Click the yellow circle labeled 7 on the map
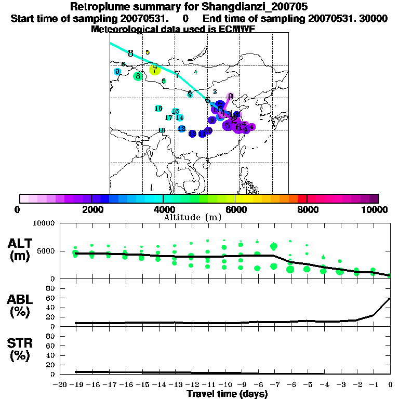(154, 69)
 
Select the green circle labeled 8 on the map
(138, 76)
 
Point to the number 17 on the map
(168, 118)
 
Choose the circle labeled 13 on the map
(181, 128)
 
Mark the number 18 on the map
(162, 130)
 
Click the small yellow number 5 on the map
(148, 52)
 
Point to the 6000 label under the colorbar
(235, 209)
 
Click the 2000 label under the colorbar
(91, 209)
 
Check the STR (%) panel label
(21, 349)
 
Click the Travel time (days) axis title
(227, 394)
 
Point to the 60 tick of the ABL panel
(51, 298)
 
